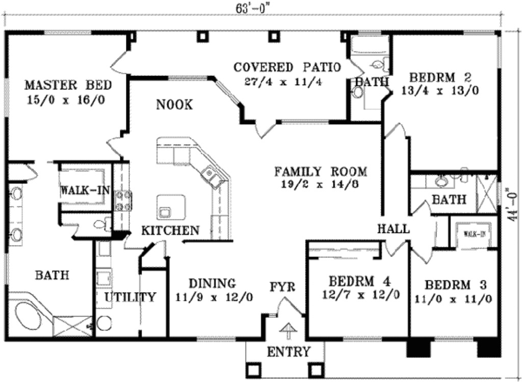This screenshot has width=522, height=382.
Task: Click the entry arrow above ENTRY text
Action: (x=288, y=330)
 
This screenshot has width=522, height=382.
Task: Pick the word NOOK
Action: (x=174, y=105)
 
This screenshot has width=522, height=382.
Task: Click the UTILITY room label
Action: (x=130, y=297)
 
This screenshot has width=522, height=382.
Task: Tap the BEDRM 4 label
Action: (x=360, y=281)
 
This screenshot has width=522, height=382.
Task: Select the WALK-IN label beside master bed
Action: (x=85, y=190)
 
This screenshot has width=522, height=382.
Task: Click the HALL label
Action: (x=393, y=229)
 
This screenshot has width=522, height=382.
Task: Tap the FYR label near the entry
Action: (x=282, y=287)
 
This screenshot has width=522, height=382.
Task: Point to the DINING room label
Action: (x=213, y=283)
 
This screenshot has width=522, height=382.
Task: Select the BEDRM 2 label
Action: (x=440, y=78)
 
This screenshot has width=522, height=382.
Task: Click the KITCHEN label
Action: (x=170, y=231)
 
